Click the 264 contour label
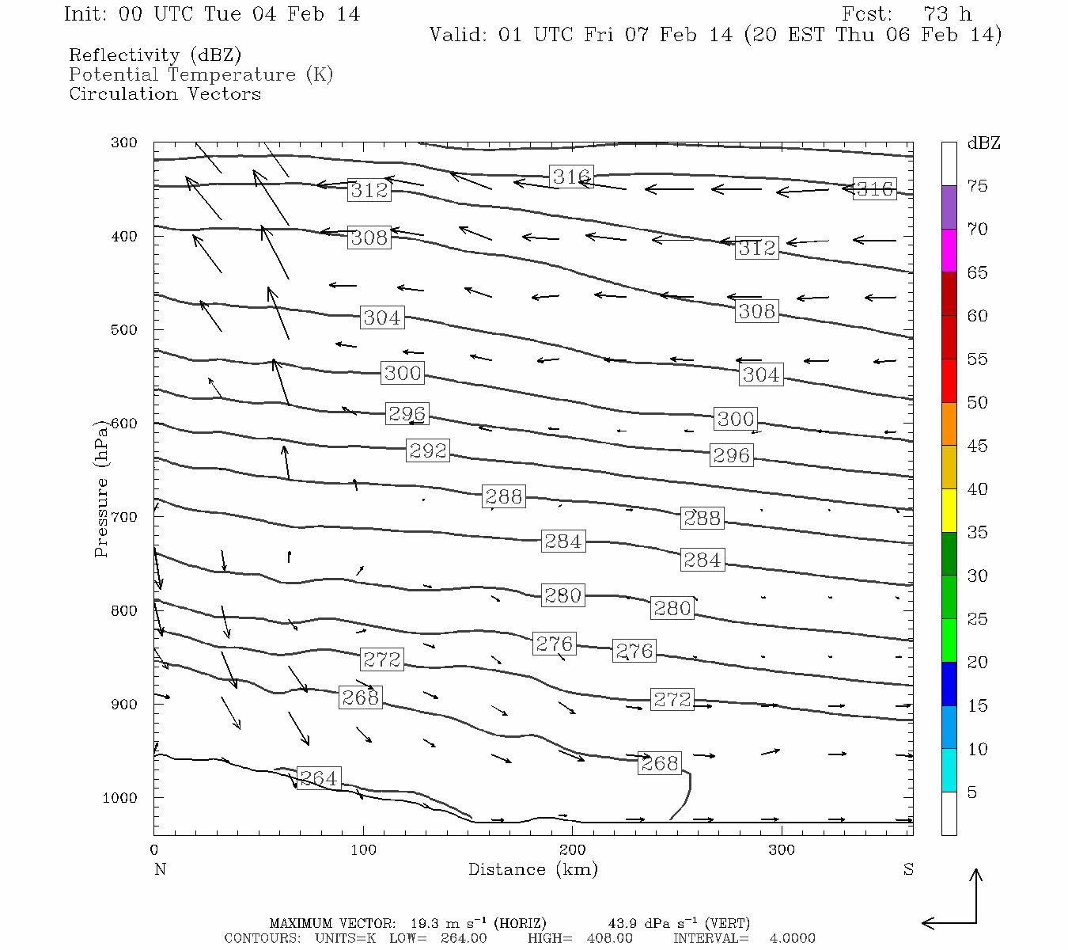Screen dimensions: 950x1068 click(318, 778)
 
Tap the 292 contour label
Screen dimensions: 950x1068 click(428, 450)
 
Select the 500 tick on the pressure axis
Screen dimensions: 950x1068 click(124, 330)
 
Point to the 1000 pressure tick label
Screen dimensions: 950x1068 click(120, 798)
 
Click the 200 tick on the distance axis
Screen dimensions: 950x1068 click(573, 849)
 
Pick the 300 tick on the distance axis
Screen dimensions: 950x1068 click(782, 849)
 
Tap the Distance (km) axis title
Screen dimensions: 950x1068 click(532, 869)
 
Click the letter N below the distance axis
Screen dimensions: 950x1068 click(160, 869)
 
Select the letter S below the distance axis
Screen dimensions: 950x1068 click(908, 869)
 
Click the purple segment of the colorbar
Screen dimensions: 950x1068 click(949, 207)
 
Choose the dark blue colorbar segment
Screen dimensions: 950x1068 click(949, 684)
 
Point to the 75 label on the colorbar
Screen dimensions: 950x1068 click(977, 186)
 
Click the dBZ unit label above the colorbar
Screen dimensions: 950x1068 click(983, 143)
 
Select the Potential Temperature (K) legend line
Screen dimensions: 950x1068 click(201, 74)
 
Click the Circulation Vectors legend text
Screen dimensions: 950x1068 click(165, 93)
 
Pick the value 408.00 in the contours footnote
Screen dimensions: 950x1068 click(608, 938)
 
